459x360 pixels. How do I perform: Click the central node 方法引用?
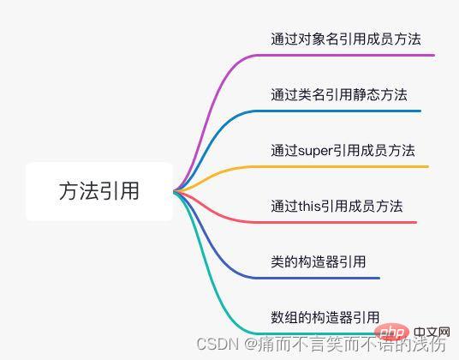coord(99,191)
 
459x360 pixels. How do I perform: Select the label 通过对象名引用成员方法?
coord(346,39)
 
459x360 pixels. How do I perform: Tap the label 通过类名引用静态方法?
coord(339,95)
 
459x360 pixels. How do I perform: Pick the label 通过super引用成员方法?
coord(343,151)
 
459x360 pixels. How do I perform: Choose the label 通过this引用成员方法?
coord(337,207)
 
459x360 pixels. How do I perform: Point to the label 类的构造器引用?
coord(319,261)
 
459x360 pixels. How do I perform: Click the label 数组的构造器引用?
coord(325,317)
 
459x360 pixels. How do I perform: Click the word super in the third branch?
coord(315,151)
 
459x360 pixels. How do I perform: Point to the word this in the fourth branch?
coord(309,207)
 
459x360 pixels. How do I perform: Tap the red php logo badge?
coord(391,333)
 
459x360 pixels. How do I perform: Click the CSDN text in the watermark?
coord(217,345)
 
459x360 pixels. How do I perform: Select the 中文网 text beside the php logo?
coord(432,333)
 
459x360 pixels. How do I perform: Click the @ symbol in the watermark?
coord(251,345)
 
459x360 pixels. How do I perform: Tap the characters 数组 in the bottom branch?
coord(284,317)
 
